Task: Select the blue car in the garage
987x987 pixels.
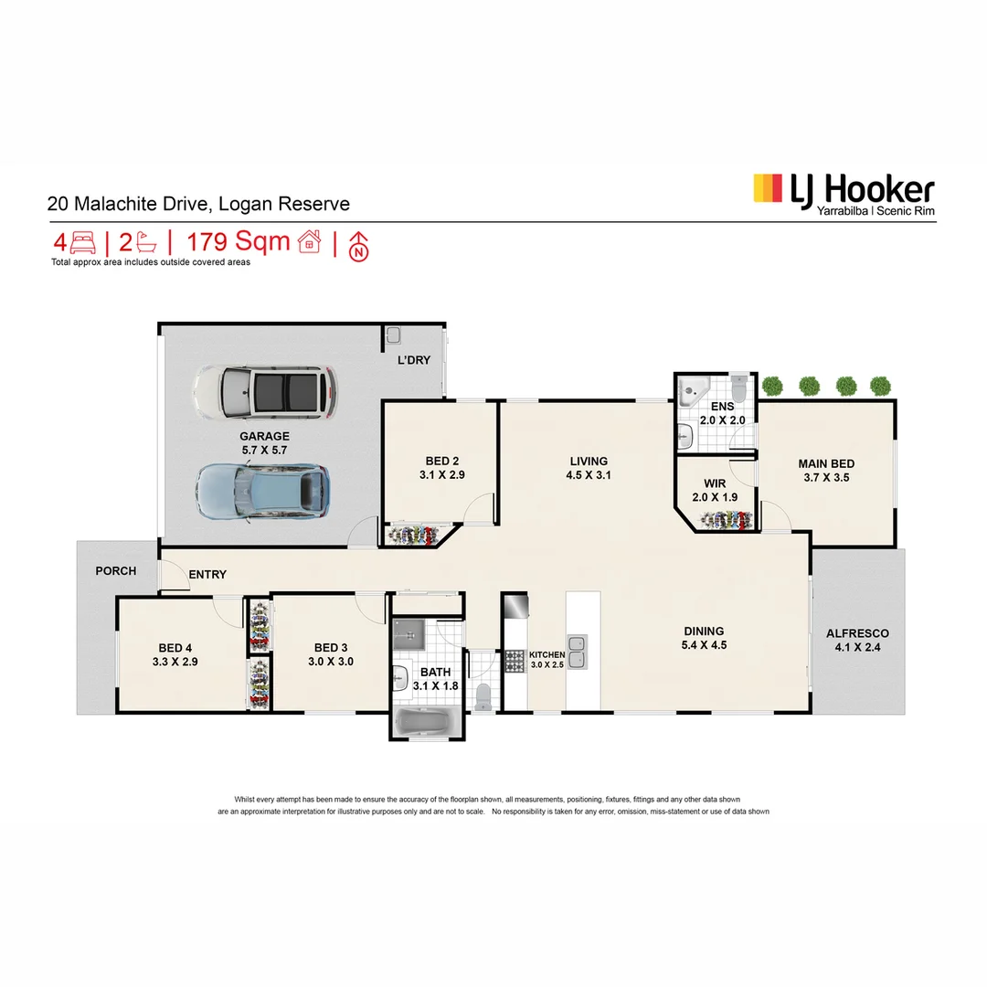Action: pyautogui.click(x=262, y=492)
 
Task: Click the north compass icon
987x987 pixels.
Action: pyautogui.click(x=359, y=245)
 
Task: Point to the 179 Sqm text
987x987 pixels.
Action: pyautogui.click(x=239, y=242)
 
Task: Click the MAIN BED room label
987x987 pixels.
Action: pyautogui.click(x=826, y=471)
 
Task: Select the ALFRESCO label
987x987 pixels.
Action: pyautogui.click(x=857, y=639)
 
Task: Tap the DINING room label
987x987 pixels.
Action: pyautogui.click(x=704, y=637)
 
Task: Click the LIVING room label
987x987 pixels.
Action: pyautogui.click(x=589, y=467)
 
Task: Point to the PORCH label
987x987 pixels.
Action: pyautogui.click(x=115, y=571)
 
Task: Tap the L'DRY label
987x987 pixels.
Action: pyautogui.click(x=413, y=360)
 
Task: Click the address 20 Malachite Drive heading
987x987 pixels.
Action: pyautogui.click(x=198, y=205)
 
